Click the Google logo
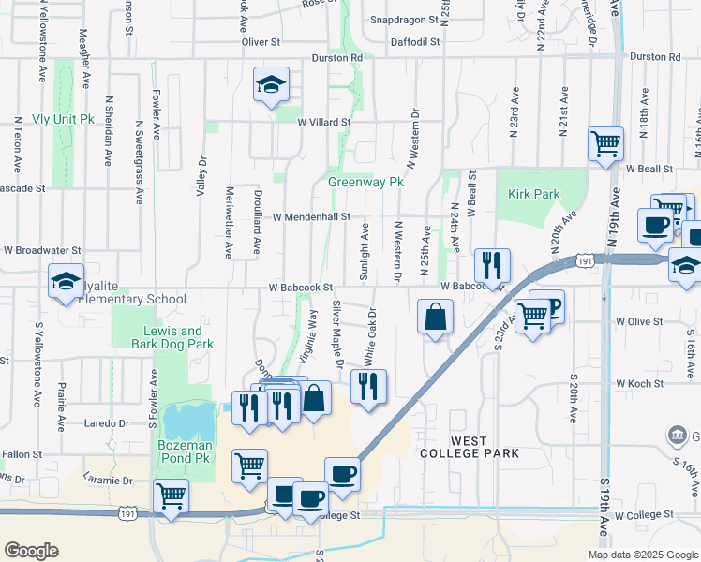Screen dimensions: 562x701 coord(31,551)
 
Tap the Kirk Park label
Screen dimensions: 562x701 coord(535,194)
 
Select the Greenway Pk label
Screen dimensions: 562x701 coord(365,182)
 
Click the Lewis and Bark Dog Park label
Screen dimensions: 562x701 coord(172,337)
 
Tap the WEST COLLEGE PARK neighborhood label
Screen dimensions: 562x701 coord(470,447)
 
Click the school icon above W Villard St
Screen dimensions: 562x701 coord(271,85)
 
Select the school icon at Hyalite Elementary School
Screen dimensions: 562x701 coord(66,281)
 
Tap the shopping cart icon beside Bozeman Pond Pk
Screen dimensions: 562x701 coord(249,465)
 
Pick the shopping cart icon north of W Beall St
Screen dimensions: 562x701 coord(605,144)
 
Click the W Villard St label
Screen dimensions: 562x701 coord(323,122)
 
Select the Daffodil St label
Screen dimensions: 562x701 coord(416,42)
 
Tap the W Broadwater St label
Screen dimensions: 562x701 coord(42,251)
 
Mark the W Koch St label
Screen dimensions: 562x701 coord(638,384)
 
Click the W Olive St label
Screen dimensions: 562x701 coord(638,321)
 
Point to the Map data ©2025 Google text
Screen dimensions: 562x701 coord(643,554)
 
